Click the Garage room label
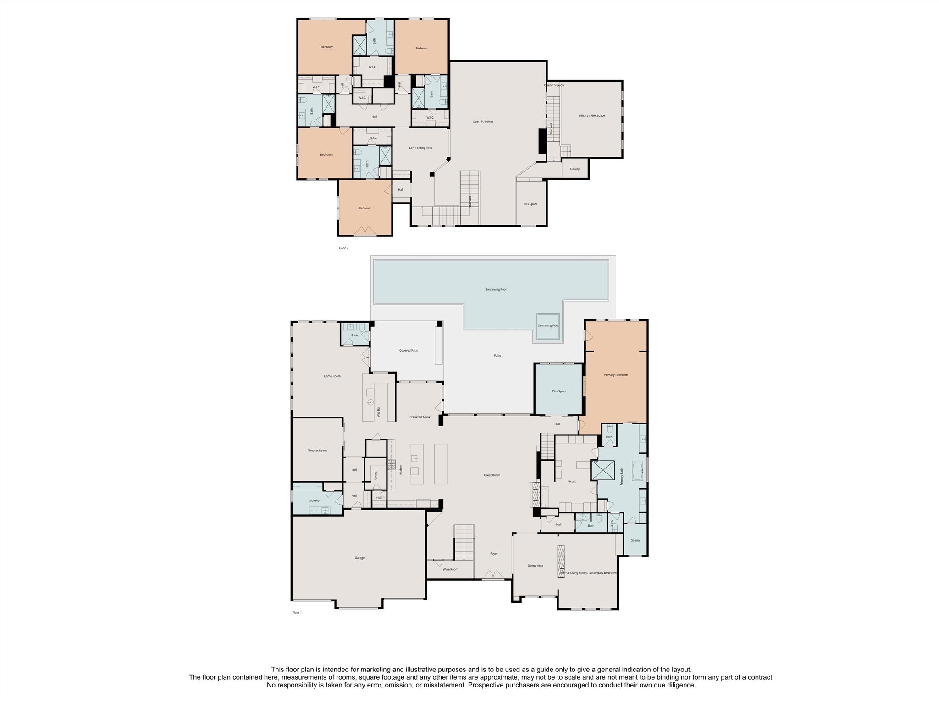tap(359, 558)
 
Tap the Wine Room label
tap(450, 569)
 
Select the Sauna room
tap(635, 540)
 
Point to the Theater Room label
tap(317, 451)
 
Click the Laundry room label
tap(314, 500)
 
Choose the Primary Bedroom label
tap(616, 375)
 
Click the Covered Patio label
tap(409, 350)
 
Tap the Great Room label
tap(492, 475)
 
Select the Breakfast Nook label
tap(420, 417)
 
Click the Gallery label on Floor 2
tap(575, 169)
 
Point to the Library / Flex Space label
tap(592, 116)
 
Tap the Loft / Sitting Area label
tap(420, 148)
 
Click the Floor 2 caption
tap(343, 248)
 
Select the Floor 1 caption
tap(297, 613)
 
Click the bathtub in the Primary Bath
tap(637, 471)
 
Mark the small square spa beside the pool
tap(548, 325)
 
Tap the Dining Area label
tap(535, 566)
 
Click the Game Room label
tap(332, 376)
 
